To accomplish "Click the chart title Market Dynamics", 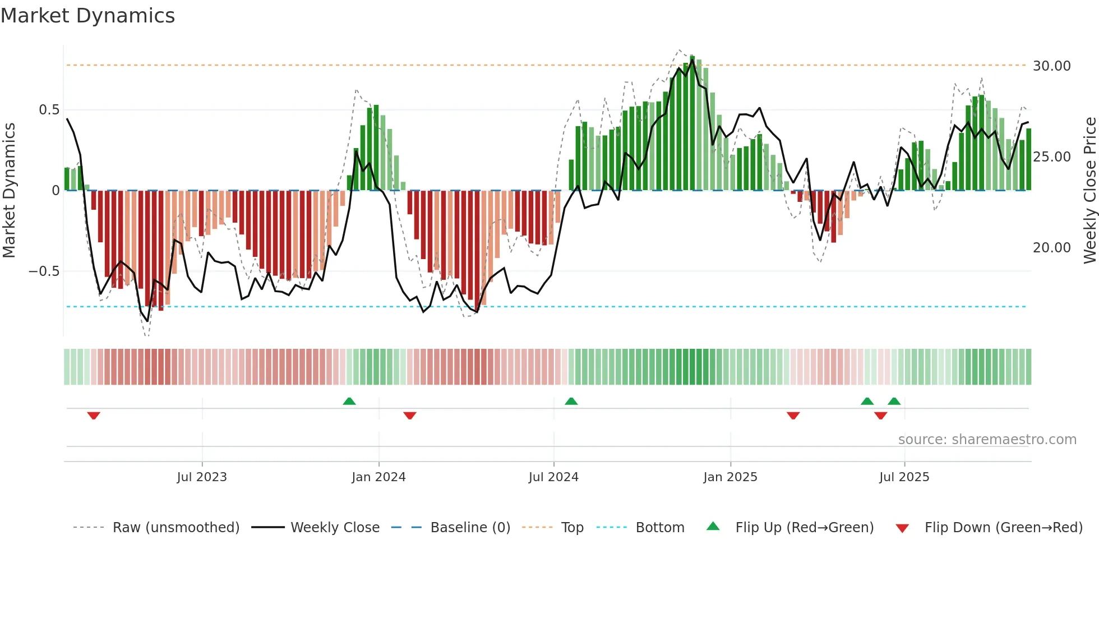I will (88, 16).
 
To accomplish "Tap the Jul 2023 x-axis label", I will (202, 477).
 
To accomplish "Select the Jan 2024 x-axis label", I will (378, 477).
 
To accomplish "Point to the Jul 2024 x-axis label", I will (553, 477).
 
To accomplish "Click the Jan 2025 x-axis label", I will (730, 477).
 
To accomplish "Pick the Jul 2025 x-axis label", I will (904, 477).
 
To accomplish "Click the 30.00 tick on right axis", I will (1051, 66).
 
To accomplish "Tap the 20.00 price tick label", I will (1051, 248).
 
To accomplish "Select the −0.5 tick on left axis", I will (44, 271).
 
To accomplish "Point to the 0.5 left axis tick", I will (49, 110).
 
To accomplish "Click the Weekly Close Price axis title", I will (1089, 191).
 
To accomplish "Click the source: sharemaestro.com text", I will (987, 440).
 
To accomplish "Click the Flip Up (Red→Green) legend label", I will (804, 528).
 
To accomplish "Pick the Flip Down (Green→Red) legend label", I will (1003, 528).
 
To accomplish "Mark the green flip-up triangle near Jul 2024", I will (571, 402).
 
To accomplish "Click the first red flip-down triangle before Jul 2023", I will (94, 415).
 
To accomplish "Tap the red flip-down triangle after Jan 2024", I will (410, 415).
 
